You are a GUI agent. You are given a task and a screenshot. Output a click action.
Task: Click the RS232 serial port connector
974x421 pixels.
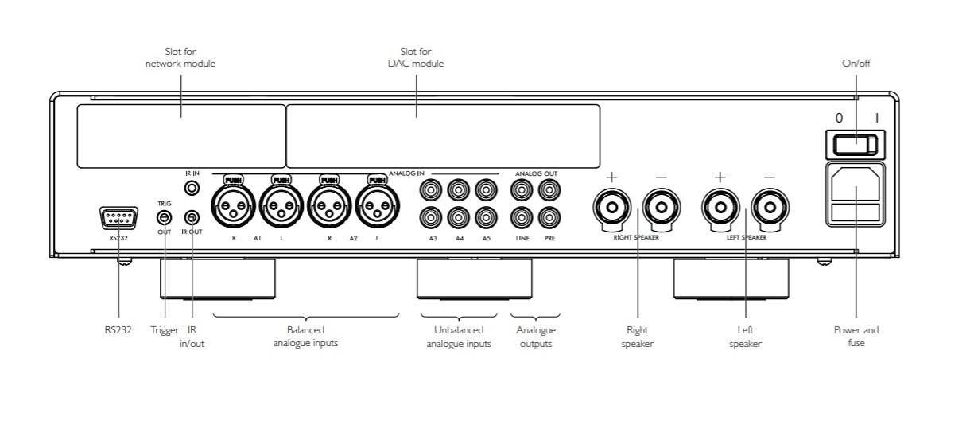118,218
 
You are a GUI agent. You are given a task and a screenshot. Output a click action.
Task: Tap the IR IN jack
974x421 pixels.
192,189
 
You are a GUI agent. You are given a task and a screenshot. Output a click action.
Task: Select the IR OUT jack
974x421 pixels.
192,216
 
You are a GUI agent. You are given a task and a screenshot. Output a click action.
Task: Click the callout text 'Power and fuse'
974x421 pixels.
856,336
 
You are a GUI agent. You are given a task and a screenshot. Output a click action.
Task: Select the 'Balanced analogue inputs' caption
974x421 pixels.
305,337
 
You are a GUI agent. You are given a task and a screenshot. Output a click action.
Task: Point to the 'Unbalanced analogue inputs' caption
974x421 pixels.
459,337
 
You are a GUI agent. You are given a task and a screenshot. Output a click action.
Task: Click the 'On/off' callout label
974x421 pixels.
856,64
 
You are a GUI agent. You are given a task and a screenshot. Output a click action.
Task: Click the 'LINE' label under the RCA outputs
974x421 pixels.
522,238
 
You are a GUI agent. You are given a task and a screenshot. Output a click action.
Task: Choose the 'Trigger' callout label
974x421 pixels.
165,329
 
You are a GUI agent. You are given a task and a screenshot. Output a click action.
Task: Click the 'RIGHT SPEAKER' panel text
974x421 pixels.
636,237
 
